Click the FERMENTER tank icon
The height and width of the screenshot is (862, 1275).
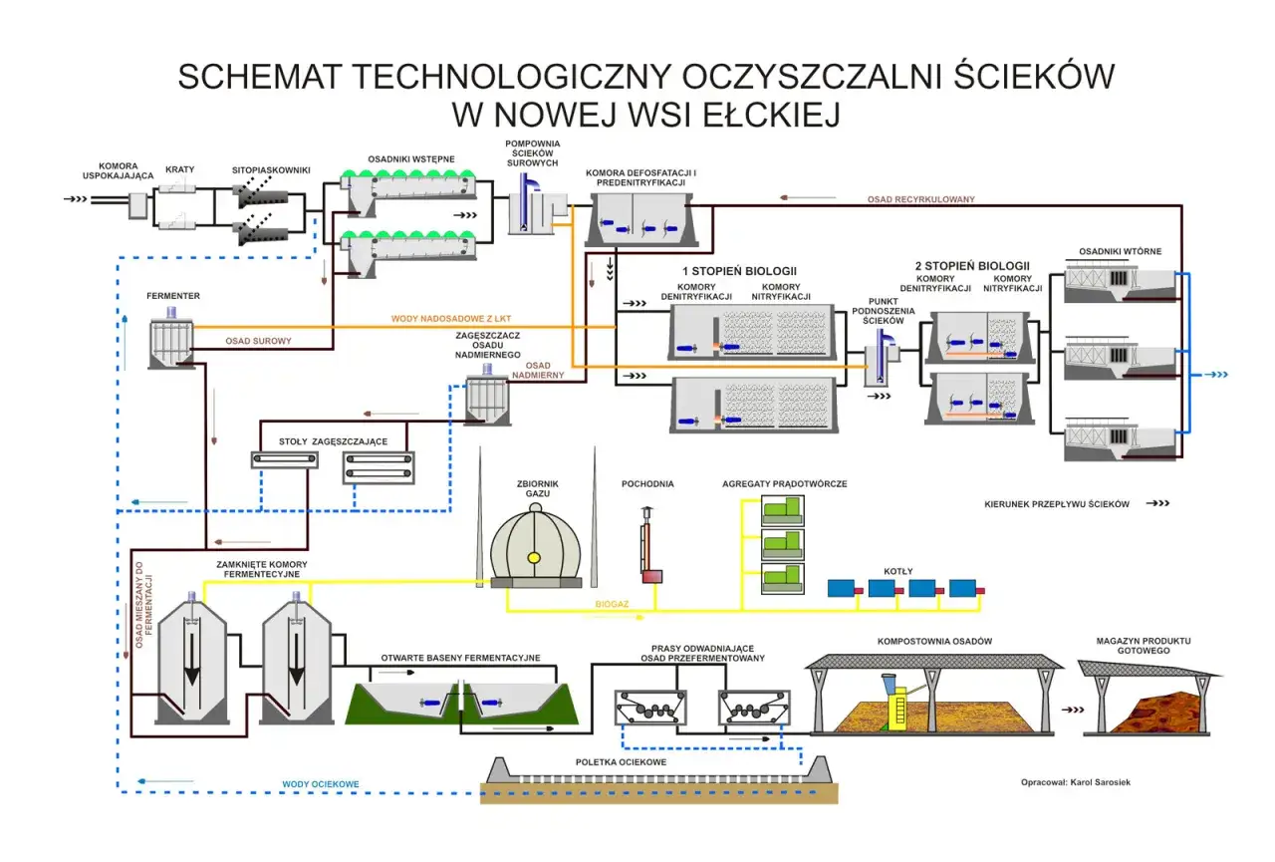[171, 341]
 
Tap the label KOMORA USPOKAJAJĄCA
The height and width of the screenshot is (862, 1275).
[119, 171]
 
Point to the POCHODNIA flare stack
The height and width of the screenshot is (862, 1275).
[648, 548]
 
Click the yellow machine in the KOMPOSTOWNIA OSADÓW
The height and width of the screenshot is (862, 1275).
[895, 700]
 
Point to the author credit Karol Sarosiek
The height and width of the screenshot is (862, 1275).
[1075, 782]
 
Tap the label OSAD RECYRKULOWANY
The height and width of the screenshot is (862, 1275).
[920, 199]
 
